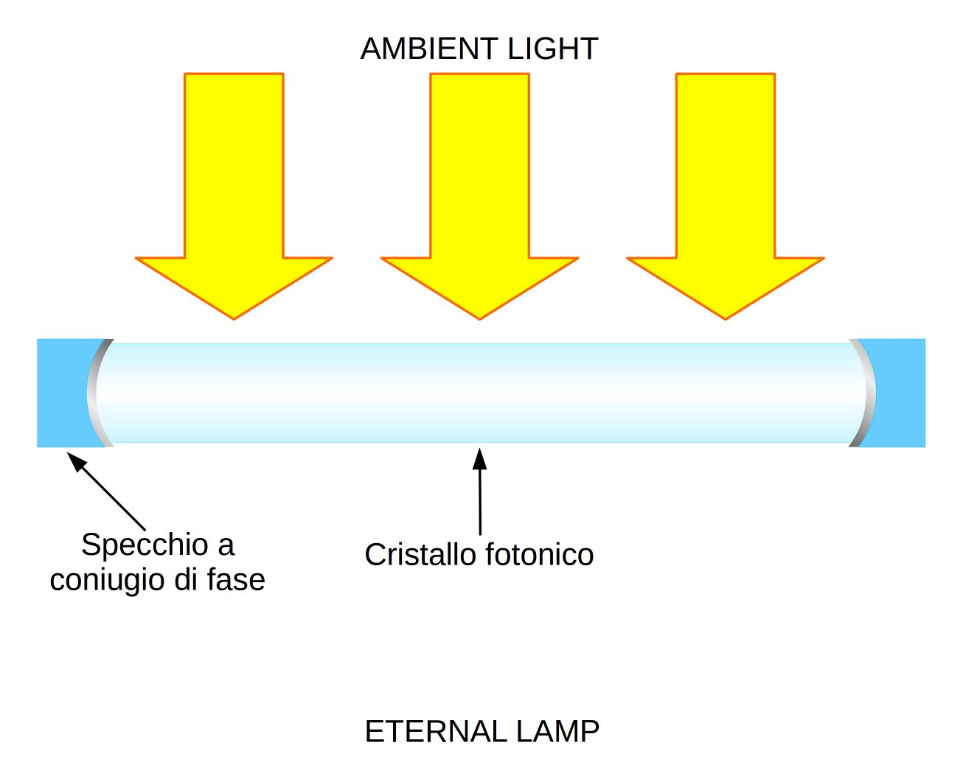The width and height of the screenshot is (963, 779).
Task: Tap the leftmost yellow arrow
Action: tap(234, 184)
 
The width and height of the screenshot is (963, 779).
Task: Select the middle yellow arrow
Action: tap(479, 184)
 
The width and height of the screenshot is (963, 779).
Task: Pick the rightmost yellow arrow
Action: tap(725, 184)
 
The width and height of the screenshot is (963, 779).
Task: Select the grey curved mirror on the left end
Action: tap(92, 393)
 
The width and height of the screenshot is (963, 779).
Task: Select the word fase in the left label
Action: tap(236, 580)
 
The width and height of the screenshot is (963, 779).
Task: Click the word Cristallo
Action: tap(420, 555)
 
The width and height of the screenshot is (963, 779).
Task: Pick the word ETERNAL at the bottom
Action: tap(436, 732)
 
